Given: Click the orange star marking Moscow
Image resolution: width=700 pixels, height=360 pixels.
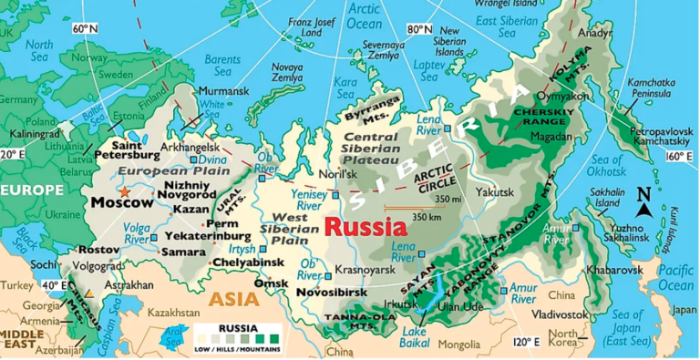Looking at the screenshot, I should [125, 192].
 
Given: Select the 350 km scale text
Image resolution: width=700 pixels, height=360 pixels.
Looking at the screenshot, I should [427, 217].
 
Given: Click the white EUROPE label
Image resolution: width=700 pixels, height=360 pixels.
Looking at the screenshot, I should [33, 190].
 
